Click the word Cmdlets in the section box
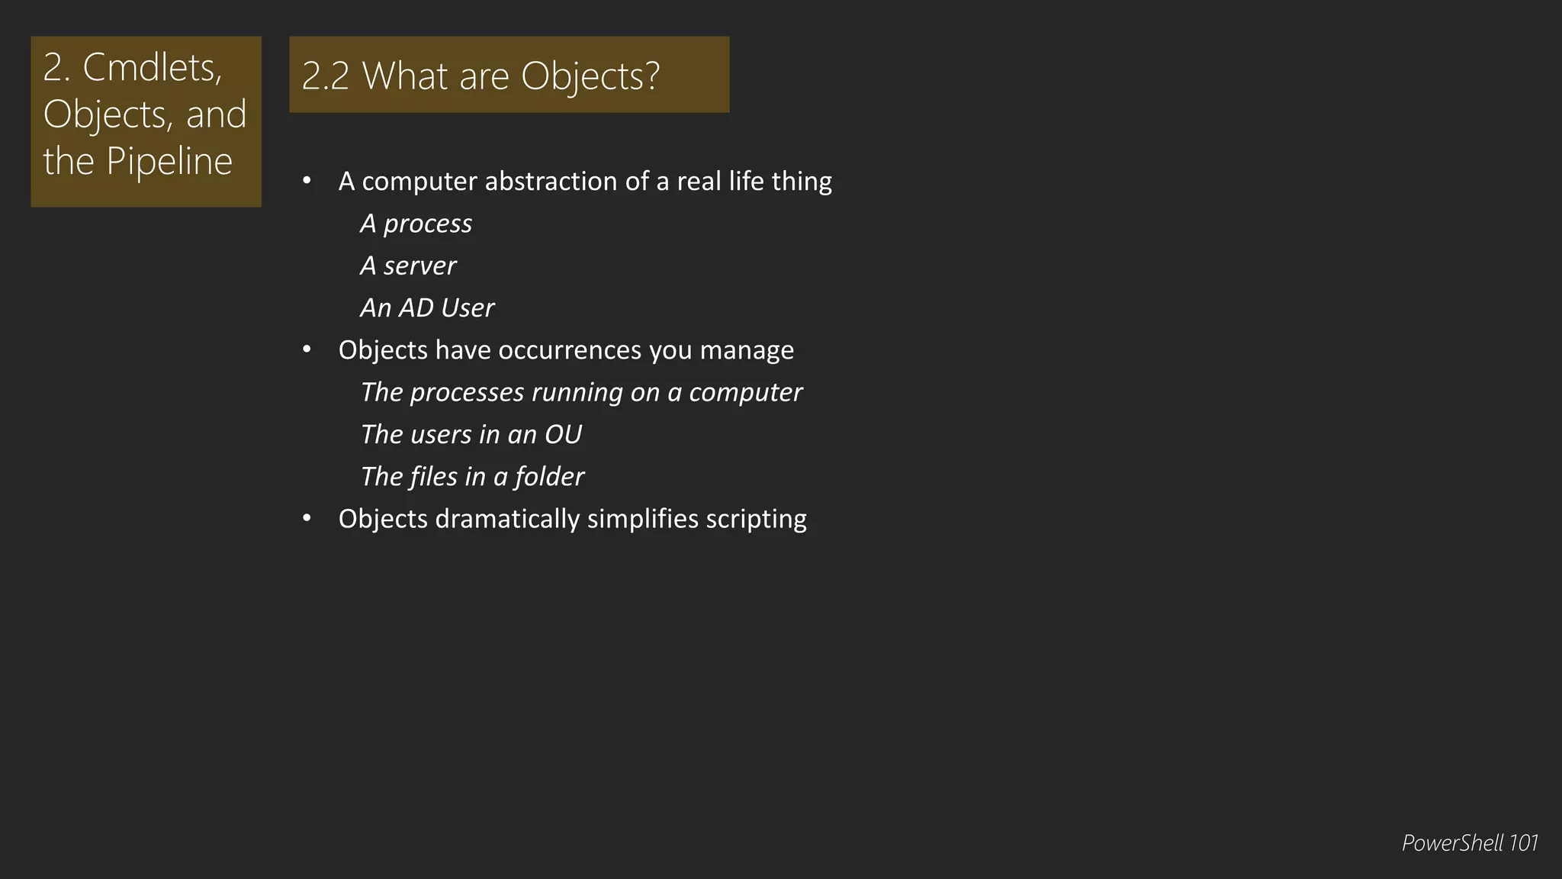(152, 68)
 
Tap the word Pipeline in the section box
(169, 161)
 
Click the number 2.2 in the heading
(325, 76)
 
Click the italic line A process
(416, 224)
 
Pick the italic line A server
(408, 266)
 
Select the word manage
(747, 350)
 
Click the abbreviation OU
(563, 434)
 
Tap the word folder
(549, 477)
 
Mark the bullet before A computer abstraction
(307, 181)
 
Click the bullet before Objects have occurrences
(307, 349)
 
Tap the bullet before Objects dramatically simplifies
(307, 518)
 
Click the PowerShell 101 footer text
(1469, 843)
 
